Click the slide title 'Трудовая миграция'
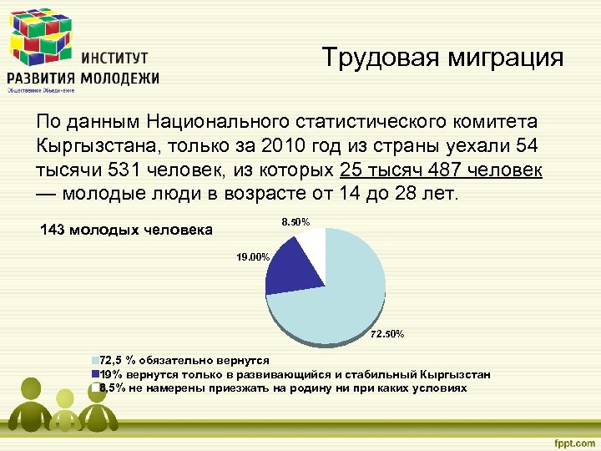pyautogui.click(x=442, y=58)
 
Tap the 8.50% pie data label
pyautogui.click(x=295, y=222)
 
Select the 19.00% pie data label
pyautogui.click(x=252, y=258)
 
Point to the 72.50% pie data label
pyautogui.click(x=386, y=334)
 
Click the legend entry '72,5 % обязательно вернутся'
pyautogui.click(x=184, y=361)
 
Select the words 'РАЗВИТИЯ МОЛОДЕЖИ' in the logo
pyautogui.click(x=83, y=78)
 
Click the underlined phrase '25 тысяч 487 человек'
pyautogui.click(x=442, y=170)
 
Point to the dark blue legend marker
pyautogui.click(x=95, y=374)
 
